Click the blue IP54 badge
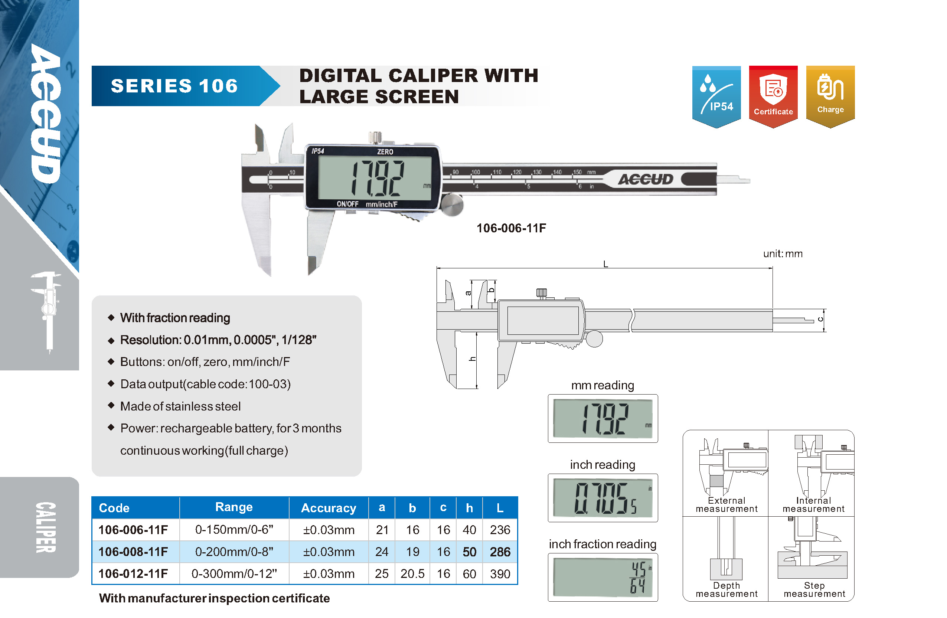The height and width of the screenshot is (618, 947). tap(716, 97)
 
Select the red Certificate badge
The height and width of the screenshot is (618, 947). tap(773, 97)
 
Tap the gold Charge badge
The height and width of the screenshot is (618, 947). tap(830, 97)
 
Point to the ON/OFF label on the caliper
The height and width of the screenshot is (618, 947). tap(347, 204)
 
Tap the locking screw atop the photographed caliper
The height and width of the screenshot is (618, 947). tap(375, 138)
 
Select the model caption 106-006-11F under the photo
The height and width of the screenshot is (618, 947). tap(511, 228)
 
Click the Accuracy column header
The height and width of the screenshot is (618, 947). tap(328, 508)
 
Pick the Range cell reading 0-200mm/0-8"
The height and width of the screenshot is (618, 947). tap(234, 552)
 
